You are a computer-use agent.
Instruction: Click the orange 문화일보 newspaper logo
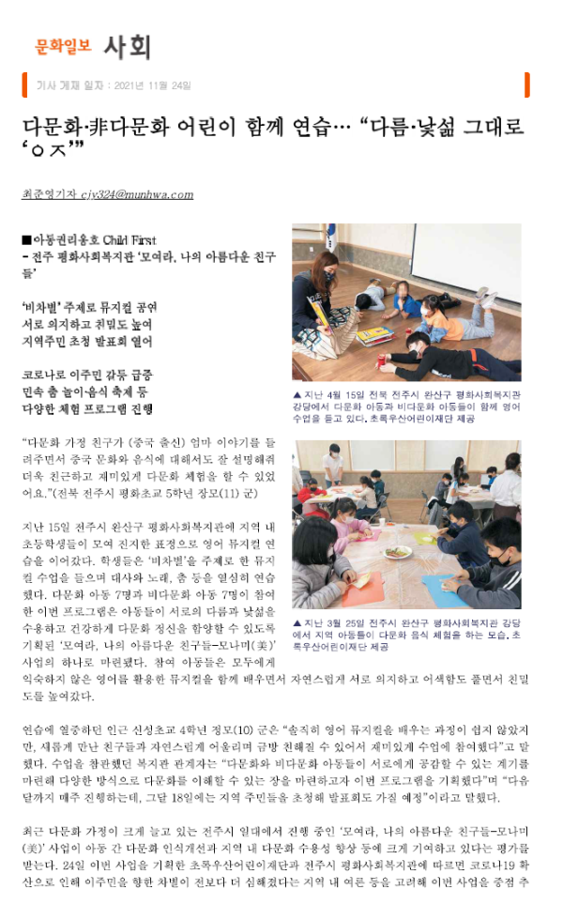63,44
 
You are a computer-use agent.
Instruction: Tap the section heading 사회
127,45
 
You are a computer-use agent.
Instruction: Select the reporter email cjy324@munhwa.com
140,195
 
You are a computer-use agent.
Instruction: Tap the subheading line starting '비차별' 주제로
89,307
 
